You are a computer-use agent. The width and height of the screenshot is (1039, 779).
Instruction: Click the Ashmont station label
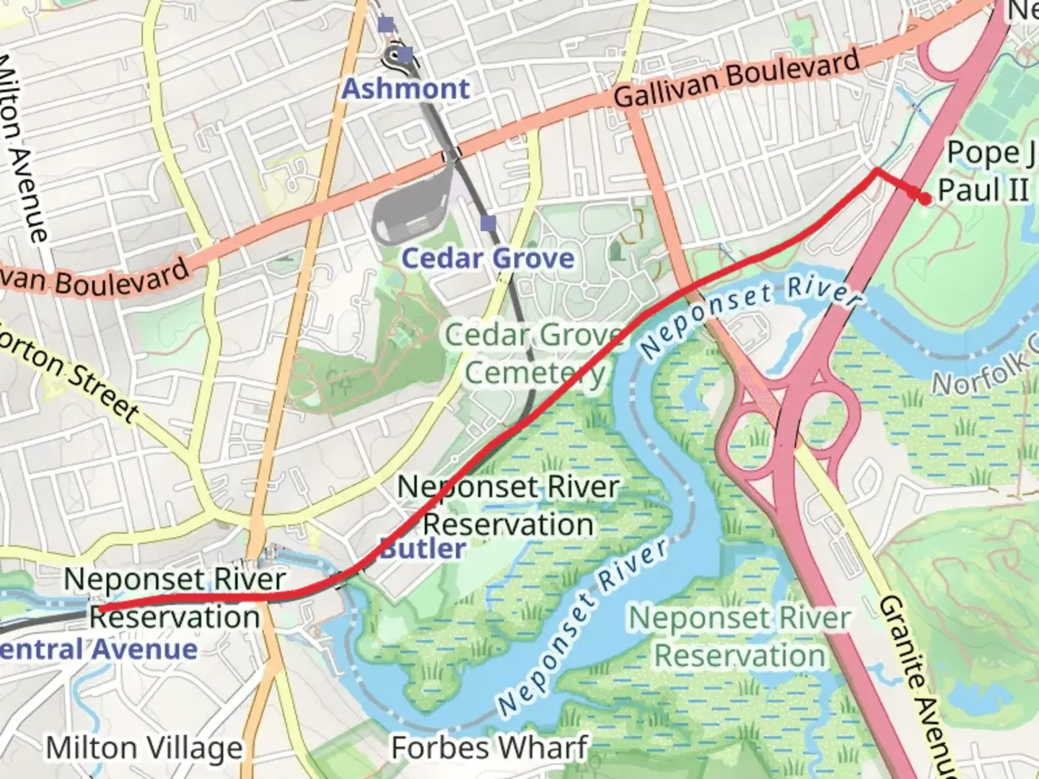pyautogui.click(x=405, y=89)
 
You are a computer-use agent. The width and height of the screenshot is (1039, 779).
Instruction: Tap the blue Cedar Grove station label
pyautogui.click(x=488, y=258)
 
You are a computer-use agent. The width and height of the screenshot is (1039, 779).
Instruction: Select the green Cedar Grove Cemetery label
pyautogui.click(x=534, y=353)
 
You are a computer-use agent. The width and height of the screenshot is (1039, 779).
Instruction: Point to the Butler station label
pyautogui.click(x=423, y=548)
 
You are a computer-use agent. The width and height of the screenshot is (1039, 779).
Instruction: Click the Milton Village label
pyautogui.click(x=144, y=749)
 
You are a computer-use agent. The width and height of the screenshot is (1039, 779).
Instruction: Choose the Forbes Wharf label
pyautogui.click(x=489, y=748)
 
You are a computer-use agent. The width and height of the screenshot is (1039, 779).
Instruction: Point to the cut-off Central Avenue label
pyautogui.click(x=98, y=649)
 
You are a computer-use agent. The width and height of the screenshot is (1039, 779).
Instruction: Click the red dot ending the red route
pyautogui.click(x=925, y=199)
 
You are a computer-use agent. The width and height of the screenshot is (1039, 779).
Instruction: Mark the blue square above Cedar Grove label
pyautogui.click(x=488, y=224)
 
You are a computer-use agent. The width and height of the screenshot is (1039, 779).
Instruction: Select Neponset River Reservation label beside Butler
pyautogui.click(x=508, y=506)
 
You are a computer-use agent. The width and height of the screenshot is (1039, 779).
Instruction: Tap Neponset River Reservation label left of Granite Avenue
pyautogui.click(x=740, y=637)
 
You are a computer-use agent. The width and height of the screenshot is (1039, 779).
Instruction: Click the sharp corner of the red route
pyautogui.click(x=875, y=170)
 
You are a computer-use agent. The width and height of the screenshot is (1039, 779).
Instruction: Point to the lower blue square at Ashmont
pyautogui.click(x=405, y=55)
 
